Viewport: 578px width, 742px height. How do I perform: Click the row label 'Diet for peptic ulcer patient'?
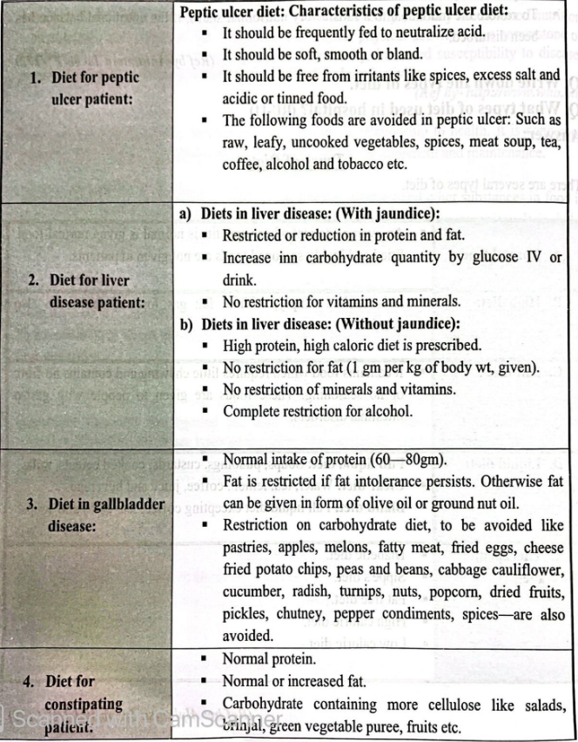pos(86,88)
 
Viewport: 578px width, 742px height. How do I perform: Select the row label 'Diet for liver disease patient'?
pos(85,293)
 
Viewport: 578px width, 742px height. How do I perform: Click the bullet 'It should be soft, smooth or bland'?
pos(330,53)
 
